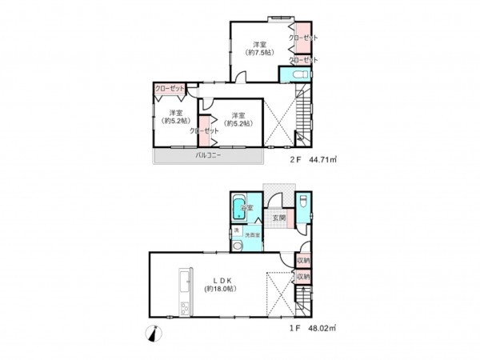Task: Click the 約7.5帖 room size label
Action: [259, 53]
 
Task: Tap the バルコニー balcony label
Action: [208, 157]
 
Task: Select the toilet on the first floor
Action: [304, 203]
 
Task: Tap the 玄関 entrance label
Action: [278, 218]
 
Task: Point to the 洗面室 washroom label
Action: [250, 235]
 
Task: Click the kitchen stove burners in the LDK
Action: [182, 307]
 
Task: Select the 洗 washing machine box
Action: [236, 232]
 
